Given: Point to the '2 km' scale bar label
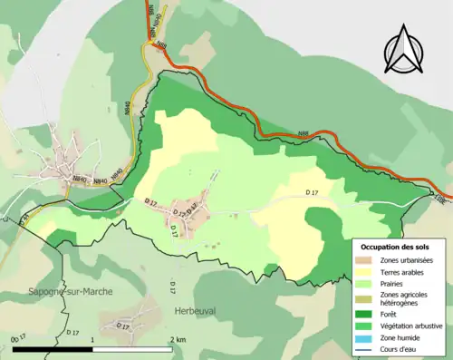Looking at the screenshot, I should [x=178, y=339].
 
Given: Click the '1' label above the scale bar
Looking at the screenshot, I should [x=93, y=339].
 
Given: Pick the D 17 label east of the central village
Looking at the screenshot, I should [x=314, y=192].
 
